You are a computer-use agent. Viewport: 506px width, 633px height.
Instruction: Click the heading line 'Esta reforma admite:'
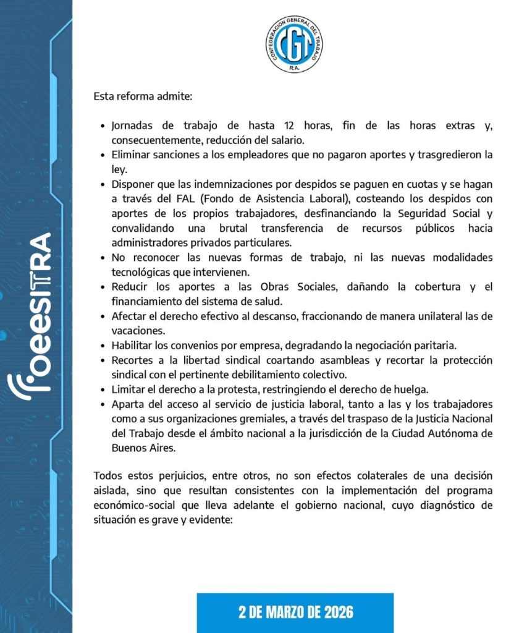[x=143, y=96]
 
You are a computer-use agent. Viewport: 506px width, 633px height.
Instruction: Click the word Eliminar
[x=132, y=155]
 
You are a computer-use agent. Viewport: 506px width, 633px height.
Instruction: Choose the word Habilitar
[x=133, y=345]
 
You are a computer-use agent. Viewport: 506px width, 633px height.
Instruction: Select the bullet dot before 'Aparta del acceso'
[x=103, y=404]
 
